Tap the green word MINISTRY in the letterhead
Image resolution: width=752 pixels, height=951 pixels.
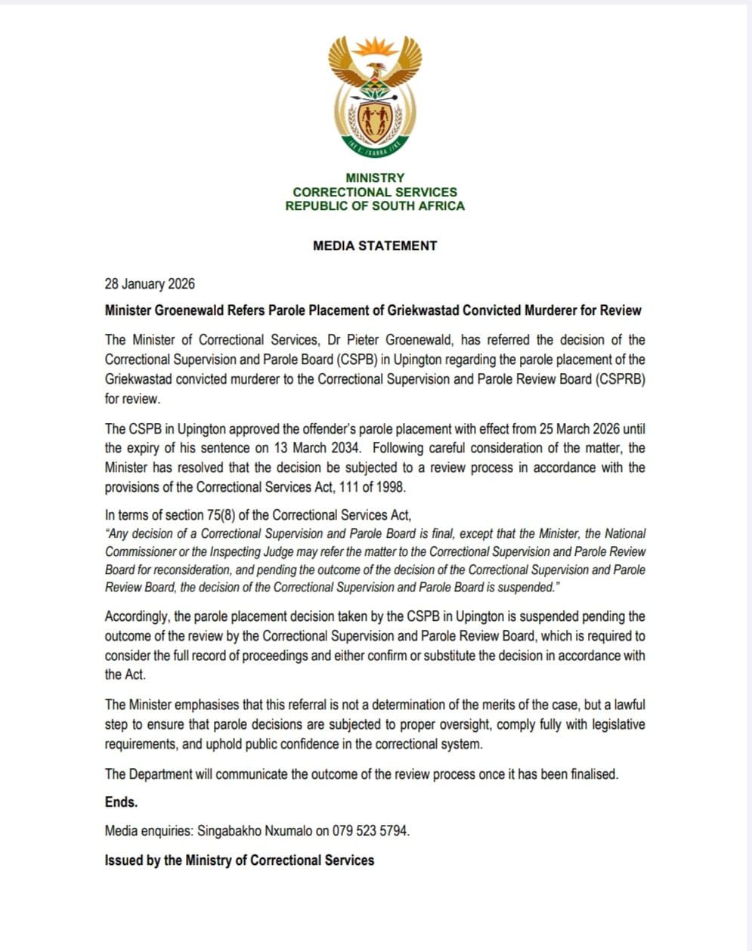375,178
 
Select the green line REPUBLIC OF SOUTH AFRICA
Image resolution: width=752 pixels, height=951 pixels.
375,205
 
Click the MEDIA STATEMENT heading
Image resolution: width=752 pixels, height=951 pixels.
375,245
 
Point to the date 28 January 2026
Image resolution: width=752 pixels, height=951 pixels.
150,284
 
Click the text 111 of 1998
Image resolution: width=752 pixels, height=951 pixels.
376,487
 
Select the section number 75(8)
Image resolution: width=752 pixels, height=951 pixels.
227,515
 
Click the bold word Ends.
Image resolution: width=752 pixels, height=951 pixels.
121,802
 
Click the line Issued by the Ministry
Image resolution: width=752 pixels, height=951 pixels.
239,860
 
